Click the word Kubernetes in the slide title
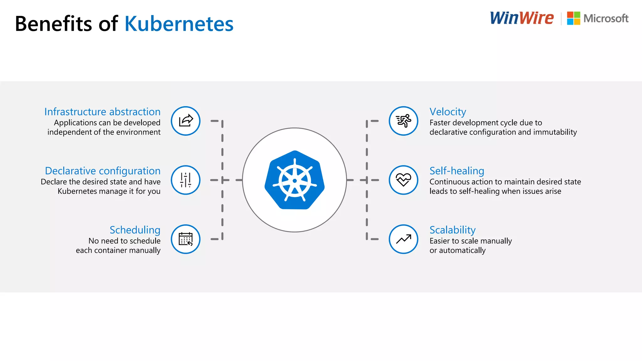pyautogui.click(x=179, y=24)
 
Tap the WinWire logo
pyautogui.click(x=522, y=18)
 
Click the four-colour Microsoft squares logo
pyautogui.click(x=573, y=18)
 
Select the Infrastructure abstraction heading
pyautogui.click(x=102, y=112)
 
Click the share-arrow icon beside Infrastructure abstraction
pyautogui.click(x=186, y=121)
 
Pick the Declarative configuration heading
pyautogui.click(x=103, y=171)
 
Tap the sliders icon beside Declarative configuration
pyautogui.click(x=186, y=180)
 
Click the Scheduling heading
pyautogui.click(x=135, y=230)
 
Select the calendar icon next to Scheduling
pyautogui.click(x=186, y=239)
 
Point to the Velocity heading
pyautogui.click(x=448, y=112)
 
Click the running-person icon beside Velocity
pyautogui.click(x=403, y=121)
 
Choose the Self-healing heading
pyautogui.click(x=457, y=171)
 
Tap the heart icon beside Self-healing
pyautogui.click(x=403, y=180)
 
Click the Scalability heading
pyautogui.click(x=452, y=230)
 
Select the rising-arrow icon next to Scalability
pyautogui.click(x=403, y=239)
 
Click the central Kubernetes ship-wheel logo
pyautogui.click(x=294, y=180)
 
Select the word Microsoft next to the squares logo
pyautogui.click(x=606, y=18)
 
